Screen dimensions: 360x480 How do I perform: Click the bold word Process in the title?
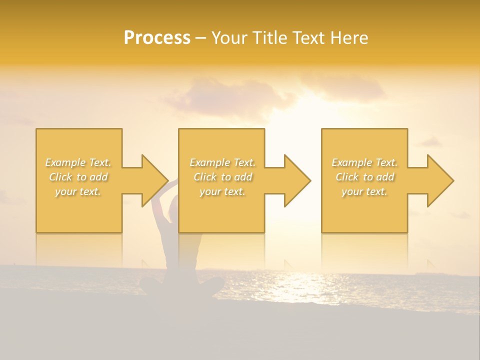click(x=157, y=37)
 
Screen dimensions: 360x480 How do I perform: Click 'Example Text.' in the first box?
click(x=78, y=162)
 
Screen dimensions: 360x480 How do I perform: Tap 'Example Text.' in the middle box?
click(x=222, y=162)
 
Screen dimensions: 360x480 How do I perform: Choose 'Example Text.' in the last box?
click(x=364, y=162)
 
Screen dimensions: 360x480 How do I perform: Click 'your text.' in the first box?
click(x=78, y=191)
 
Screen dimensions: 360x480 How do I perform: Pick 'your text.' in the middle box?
click(x=222, y=191)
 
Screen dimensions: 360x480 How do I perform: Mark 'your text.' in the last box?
click(x=364, y=191)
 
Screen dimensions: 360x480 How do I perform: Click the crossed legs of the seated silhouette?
click(x=182, y=287)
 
